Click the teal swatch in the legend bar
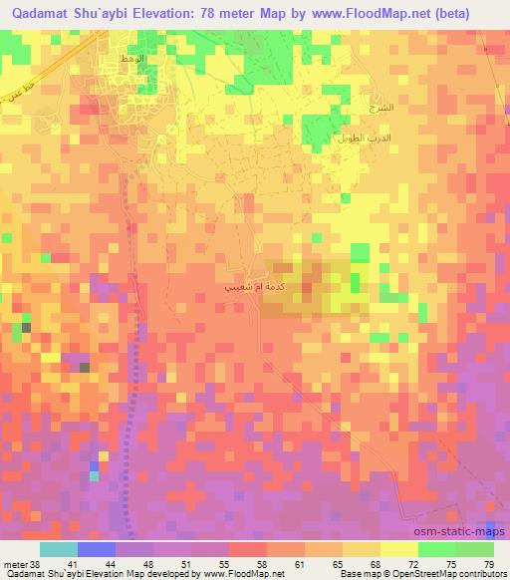click(59, 549)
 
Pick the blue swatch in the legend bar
click(97, 549)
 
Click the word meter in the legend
click(16, 563)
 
